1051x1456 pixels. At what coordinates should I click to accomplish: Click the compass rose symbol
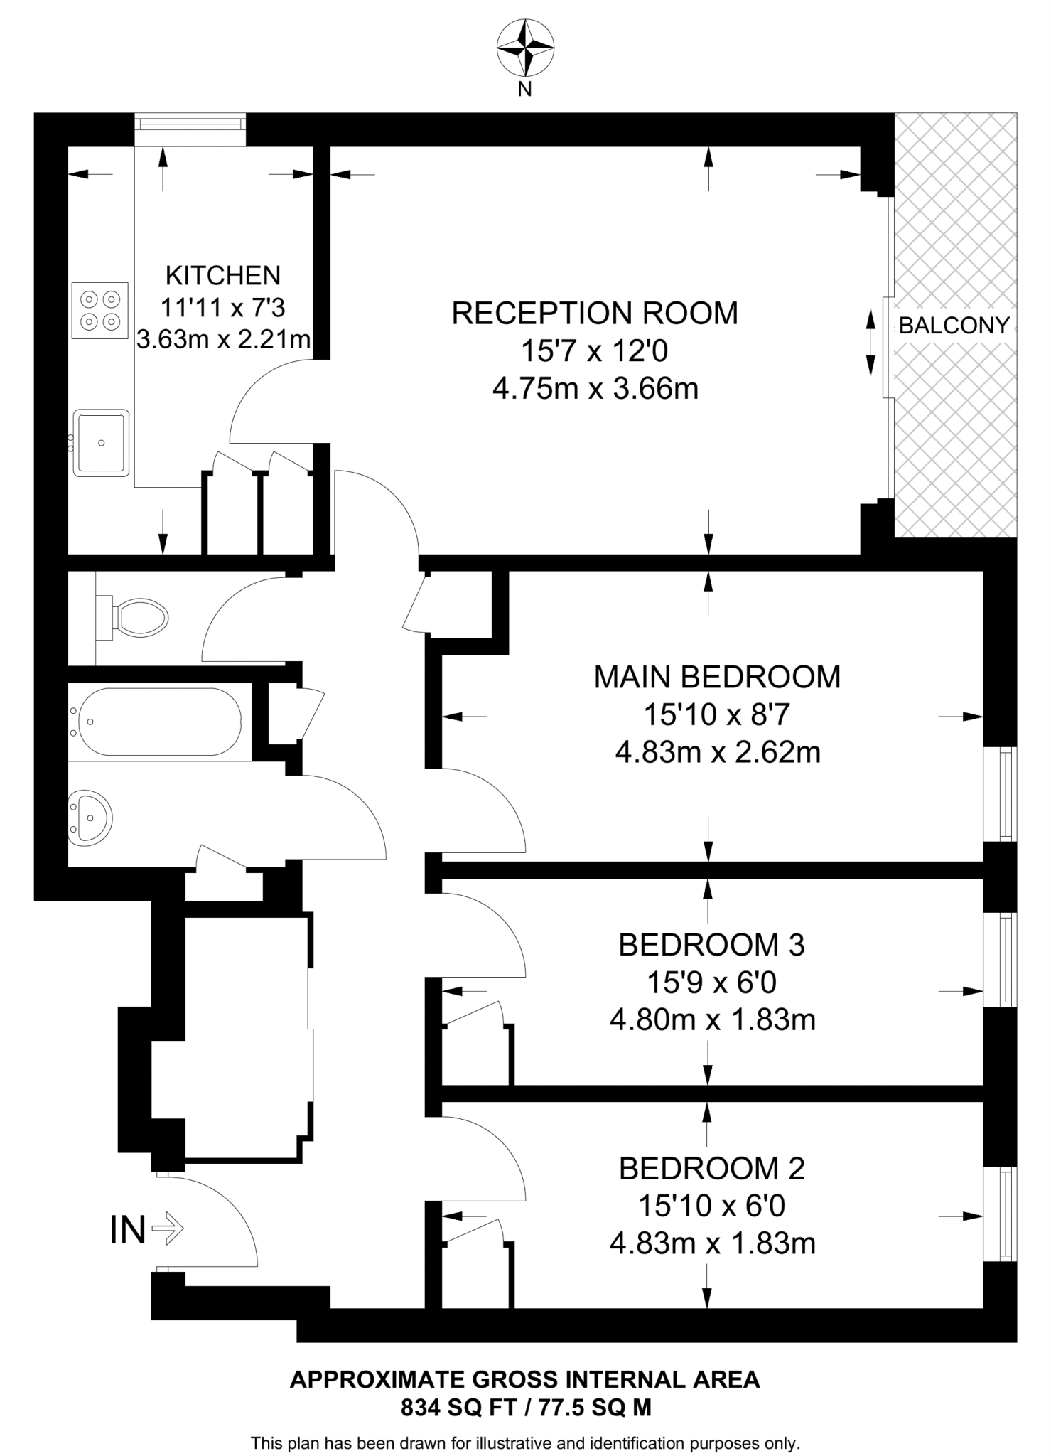click(525, 48)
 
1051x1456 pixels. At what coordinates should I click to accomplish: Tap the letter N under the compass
click(525, 90)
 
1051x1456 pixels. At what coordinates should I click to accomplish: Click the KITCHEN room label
click(223, 275)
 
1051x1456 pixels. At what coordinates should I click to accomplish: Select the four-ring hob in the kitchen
click(100, 310)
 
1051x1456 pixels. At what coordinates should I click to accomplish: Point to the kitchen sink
click(102, 442)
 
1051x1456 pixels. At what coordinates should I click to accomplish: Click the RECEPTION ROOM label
click(595, 314)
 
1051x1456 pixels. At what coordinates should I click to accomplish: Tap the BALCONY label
click(954, 326)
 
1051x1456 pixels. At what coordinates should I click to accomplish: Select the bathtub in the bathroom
click(160, 722)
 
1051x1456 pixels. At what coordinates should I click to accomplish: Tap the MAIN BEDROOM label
click(717, 677)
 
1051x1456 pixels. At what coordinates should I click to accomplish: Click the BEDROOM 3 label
click(711, 945)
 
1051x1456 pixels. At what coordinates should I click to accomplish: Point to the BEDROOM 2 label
click(711, 1169)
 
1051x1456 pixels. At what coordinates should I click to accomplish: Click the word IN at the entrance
click(128, 1230)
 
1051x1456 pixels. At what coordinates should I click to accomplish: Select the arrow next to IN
click(168, 1228)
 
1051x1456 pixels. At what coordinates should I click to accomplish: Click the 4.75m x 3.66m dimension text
click(595, 389)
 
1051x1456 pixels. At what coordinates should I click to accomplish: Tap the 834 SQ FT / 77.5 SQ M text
click(526, 1408)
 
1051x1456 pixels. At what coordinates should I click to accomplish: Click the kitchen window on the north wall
click(190, 124)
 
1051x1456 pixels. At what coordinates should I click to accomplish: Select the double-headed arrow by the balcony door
click(870, 342)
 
